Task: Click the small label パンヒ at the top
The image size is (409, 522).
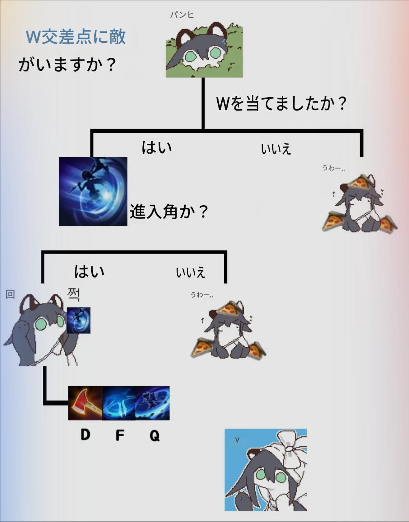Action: [x=182, y=15]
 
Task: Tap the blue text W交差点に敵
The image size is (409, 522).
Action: [x=76, y=37]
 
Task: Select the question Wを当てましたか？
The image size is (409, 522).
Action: [x=281, y=103]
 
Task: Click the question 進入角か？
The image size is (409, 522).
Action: [x=169, y=211]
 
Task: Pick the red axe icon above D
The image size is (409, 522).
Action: [x=85, y=403]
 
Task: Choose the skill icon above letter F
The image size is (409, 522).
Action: [x=119, y=403]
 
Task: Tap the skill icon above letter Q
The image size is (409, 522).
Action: [x=153, y=403]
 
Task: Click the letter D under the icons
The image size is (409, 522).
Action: [x=85, y=435]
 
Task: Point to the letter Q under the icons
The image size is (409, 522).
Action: [x=155, y=435]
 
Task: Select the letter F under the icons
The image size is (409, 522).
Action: [x=120, y=435]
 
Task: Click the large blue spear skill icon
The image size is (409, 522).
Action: [x=93, y=192]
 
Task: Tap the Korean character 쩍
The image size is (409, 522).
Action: [x=73, y=294]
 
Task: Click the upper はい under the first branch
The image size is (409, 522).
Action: [x=157, y=147]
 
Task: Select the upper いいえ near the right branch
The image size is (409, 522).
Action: [x=276, y=149]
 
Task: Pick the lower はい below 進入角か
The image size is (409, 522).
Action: [x=89, y=271]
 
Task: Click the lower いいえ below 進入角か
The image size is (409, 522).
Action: [x=190, y=273]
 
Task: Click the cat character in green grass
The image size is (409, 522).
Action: [x=204, y=52]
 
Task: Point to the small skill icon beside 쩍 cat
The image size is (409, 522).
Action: [x=78, y=320]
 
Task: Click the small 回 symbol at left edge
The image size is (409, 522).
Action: [x=10, y=294]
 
